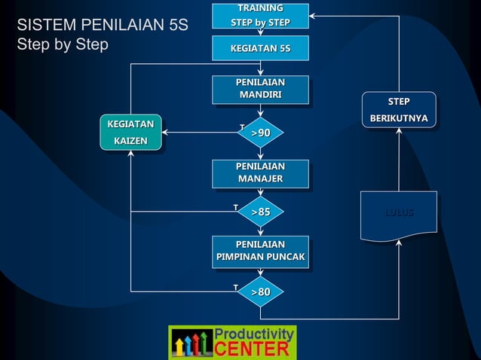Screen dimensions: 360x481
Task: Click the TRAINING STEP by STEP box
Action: (260, 15)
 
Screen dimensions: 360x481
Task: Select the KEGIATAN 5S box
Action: (260, 49)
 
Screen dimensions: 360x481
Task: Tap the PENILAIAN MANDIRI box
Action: (260, 89)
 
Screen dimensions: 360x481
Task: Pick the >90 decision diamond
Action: (261, 133)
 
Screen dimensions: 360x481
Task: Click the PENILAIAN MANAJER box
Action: (260, 172)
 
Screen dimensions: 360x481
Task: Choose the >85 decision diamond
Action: (261, 212)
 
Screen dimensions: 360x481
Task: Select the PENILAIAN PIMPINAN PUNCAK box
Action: (260, 251)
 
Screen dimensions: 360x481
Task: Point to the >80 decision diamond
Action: (261, 291)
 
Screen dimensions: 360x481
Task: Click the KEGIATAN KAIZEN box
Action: (130, 133)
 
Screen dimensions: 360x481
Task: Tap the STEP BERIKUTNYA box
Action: (399, 111)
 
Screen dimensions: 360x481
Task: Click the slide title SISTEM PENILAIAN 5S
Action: (102, 26)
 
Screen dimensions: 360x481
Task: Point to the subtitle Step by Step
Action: (63, 44)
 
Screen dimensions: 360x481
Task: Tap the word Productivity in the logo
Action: (254, 334)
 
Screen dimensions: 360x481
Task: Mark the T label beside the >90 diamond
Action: (241, 126)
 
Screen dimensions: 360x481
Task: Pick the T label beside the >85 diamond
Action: (235, 206)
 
